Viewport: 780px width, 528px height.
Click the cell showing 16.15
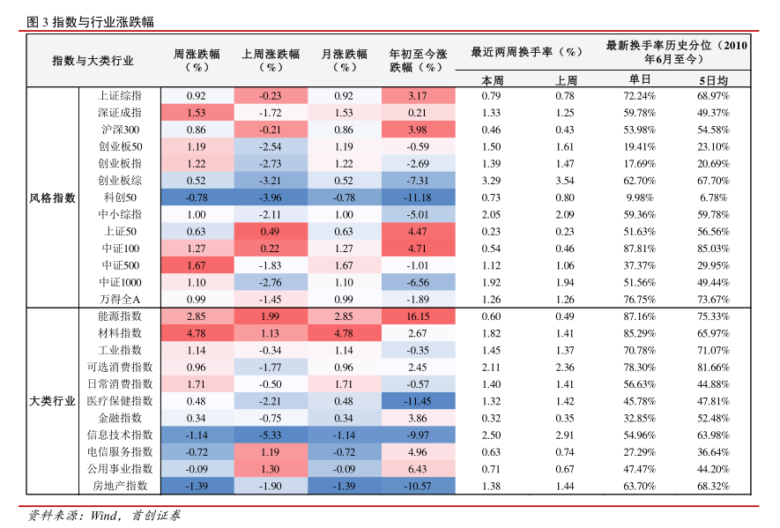(418, 316)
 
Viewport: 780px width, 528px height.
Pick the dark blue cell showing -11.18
(418, 197)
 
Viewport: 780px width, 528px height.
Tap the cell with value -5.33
(270, 435)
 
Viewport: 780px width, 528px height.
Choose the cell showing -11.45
(418, 401)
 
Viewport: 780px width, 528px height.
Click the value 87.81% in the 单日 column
(639, 249)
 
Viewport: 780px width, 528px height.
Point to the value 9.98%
(639, 197)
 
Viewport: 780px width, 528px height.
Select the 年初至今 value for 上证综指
(418, 96)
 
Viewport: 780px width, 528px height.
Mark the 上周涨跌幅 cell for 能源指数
(270, 316)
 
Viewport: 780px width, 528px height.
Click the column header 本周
(491, 79)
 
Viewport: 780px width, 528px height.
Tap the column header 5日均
(713, 79)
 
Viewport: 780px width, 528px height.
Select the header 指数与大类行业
(93, 61)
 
